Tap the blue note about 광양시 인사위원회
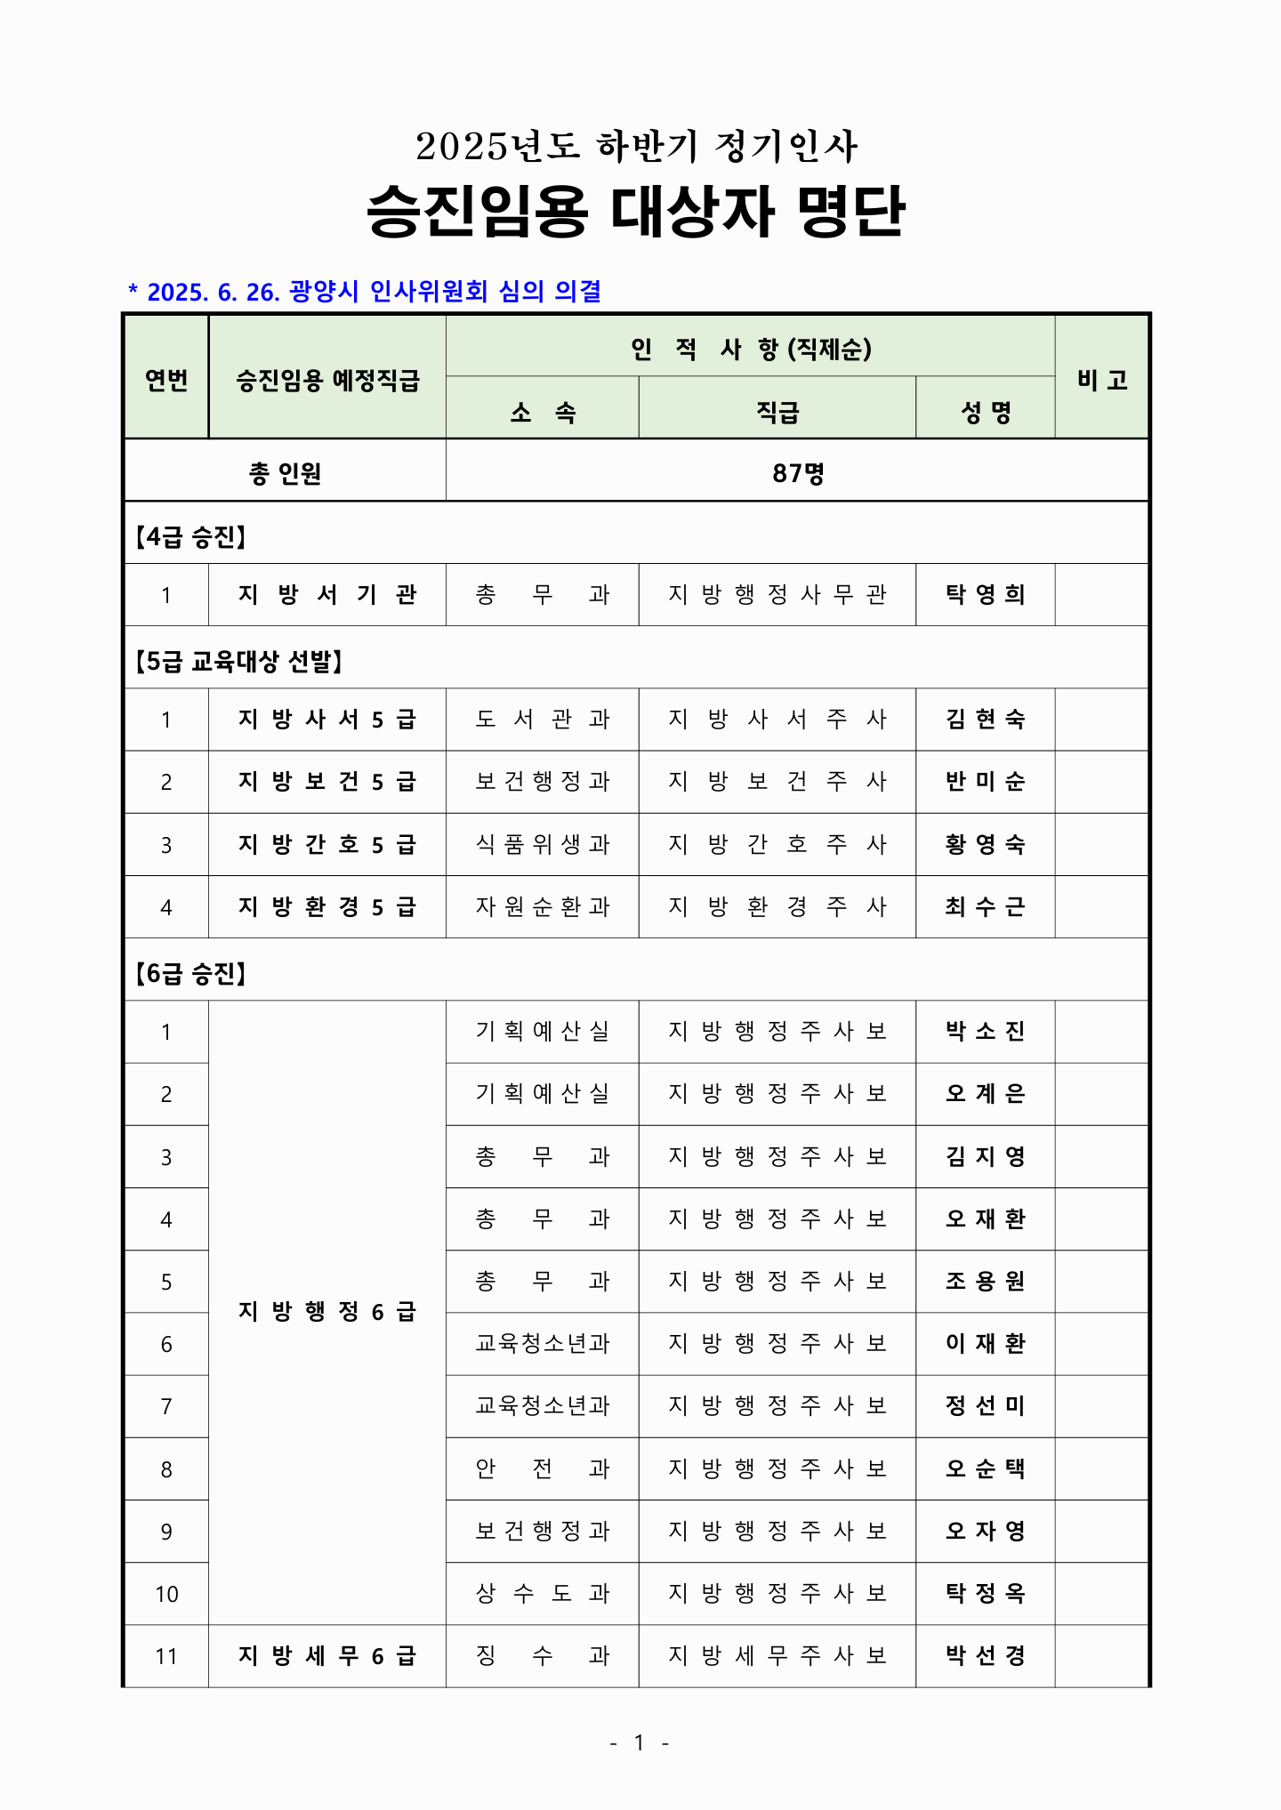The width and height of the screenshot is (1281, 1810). pos(365,292)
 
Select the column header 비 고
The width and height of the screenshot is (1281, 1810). pos(1101,380)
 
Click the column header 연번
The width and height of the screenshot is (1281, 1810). pos(166,380)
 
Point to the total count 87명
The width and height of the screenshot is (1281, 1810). pos(797,473)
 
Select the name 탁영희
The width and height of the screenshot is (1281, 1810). pos(985,594)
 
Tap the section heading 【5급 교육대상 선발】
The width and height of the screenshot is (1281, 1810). pos(238,661)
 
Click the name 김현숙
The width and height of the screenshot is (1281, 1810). pos(985,719)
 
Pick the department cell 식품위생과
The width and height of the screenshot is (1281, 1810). pos(542,844)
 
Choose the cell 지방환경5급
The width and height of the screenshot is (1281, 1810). pos(326,906)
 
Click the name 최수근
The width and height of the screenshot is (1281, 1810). pos(985,906)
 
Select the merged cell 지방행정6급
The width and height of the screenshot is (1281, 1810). pos(326,1311)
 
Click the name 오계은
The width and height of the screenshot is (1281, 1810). pos(985,1093)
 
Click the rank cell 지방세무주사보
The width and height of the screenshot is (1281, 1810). pos(777,1655)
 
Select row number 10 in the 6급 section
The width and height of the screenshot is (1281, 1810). pos(166,1594)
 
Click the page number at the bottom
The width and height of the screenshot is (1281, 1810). pos(639,1742)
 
